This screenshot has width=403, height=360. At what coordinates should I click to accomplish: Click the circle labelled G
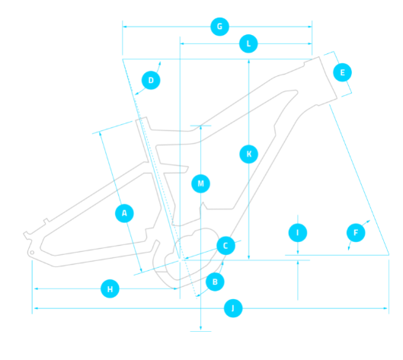219,27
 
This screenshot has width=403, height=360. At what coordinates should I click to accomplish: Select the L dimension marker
248,43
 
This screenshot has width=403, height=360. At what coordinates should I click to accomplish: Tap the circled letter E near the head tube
342,72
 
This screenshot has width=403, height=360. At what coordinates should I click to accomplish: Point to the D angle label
151,81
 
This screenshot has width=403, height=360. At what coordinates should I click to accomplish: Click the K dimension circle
249,154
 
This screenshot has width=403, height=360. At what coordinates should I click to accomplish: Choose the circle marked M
200,183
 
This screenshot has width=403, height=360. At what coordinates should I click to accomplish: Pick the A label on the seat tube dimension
124,213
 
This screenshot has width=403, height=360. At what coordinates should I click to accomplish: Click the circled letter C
225,246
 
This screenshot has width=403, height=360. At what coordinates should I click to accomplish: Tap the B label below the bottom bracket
215,282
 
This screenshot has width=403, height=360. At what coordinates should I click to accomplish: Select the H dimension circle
110,289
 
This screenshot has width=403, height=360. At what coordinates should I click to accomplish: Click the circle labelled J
233,308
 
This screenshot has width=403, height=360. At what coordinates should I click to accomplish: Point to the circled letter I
298,233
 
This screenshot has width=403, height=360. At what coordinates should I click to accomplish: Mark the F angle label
356,233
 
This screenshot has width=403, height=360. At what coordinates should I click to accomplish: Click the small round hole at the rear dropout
32,253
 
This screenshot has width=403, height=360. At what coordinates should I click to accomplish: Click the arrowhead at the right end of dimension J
385,308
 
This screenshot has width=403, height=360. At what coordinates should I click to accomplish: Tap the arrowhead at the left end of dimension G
125,27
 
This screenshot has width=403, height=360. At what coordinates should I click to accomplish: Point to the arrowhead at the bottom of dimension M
200,328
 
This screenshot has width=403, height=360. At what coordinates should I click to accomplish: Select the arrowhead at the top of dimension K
249,62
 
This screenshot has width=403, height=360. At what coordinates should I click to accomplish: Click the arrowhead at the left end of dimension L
182,43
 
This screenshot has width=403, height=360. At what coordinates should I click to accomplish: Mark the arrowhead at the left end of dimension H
37,289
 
